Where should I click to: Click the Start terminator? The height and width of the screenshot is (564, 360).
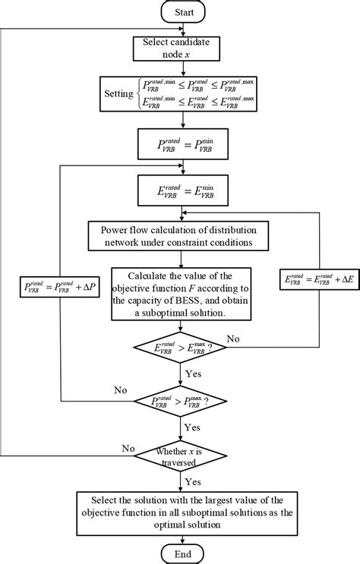click(179, 12)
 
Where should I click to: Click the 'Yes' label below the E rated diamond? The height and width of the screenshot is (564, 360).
click(194, 373)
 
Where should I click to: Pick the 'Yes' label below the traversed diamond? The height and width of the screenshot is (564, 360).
click(194, 481)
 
